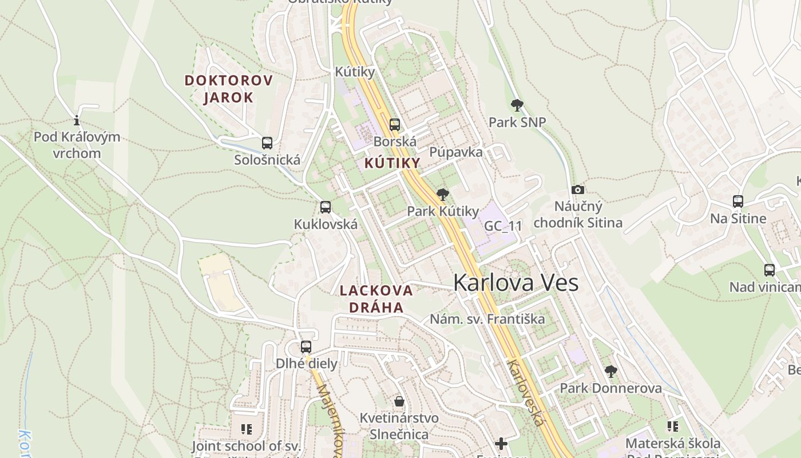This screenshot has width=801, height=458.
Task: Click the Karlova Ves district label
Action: tap(516, 283)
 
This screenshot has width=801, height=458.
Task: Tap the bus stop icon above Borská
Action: tap(395, 124)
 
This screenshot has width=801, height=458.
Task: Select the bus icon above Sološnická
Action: tap(267, 143)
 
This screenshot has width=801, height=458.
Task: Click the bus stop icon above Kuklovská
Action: tap(326, 207)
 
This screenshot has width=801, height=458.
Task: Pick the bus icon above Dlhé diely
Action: tap(306, 347)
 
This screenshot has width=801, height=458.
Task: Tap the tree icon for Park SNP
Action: tap(517, 105)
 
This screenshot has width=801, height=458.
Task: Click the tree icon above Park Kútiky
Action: tap(442, 195)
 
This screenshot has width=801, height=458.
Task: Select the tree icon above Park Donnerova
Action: tap(610, 372)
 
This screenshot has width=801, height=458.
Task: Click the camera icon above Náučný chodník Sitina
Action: tap(578, 190)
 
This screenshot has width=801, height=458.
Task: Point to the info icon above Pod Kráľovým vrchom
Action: tap(77, 120)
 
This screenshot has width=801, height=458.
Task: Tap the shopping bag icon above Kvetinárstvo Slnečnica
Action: tap(399, 401)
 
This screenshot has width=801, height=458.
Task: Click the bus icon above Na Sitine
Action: tap(738, 202)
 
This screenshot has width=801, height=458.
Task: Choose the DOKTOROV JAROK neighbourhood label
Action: tap(229, 89)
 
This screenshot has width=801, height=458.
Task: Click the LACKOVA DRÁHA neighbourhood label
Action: tap(376, 298)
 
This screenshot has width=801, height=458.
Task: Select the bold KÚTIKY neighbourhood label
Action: tap(392, 163)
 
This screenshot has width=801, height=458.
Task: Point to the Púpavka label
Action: tap(456, 152)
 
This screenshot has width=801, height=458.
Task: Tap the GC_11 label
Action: tap(503, 226)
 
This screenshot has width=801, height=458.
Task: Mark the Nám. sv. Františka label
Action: tap(487, 319)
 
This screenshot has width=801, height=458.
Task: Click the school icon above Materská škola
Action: tap(673, 427)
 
